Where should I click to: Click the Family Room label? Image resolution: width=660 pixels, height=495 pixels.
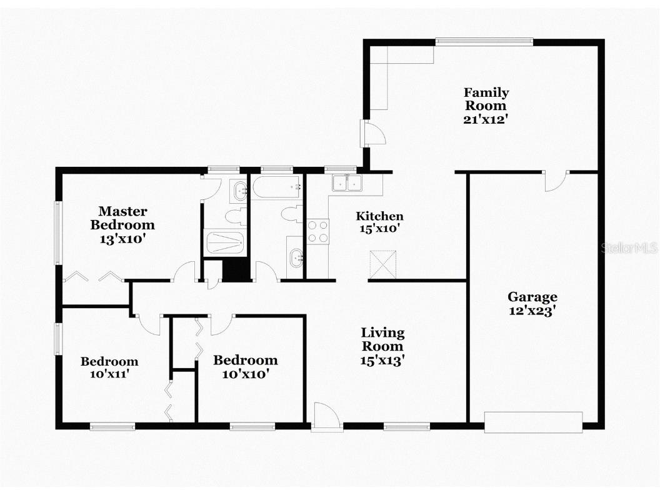(x=486, y=99)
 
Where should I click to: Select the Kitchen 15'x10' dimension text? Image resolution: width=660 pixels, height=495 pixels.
(x=379, y=229)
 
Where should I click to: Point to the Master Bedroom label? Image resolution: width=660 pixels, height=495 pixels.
(x=122, y=218)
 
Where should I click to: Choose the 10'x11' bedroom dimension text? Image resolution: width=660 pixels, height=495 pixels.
(x=109, y=374)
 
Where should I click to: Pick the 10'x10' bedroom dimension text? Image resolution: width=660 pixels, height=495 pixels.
(x=245, y=374)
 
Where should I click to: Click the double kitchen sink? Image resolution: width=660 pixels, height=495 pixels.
(x=347, y=182)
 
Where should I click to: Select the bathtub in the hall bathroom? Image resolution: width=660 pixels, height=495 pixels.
(x=276, y=186)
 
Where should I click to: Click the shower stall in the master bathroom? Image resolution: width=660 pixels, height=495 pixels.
(x=224, y=242)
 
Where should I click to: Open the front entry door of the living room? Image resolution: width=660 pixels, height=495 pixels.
(x=326, y=417)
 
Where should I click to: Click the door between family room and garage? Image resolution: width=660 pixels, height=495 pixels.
(x=555, y=180)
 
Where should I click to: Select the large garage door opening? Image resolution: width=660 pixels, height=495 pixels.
(x=533, y=422)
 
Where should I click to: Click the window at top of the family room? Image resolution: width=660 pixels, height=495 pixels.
(x=484, y=42)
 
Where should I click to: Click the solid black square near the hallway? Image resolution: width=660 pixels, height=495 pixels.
(x=236, y=270)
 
